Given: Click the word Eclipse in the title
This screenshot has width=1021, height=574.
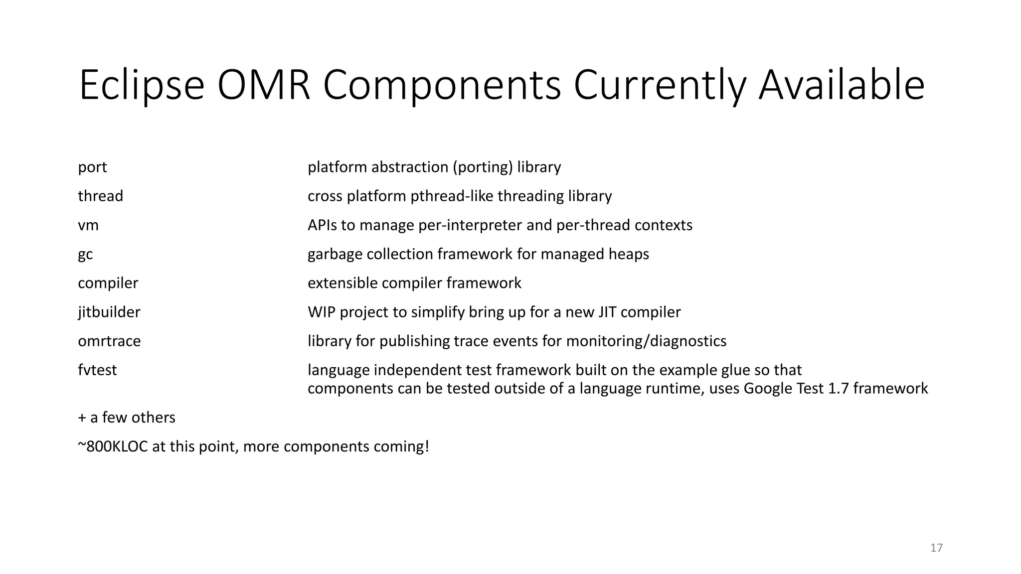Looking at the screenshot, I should pyautogui.click(x=142, y=86).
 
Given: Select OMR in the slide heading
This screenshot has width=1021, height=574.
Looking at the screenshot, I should pyautogui.click(x=264, y=86).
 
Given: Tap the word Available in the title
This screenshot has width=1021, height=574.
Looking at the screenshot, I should pyautogui.click(x=842, y=86).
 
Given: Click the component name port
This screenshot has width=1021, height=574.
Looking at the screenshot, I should pyautogui.click(x=92, y=167).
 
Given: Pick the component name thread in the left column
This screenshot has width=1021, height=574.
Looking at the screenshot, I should pyautogui.click(x=100, y=196).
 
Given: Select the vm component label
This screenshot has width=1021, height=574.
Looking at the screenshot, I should pyautogui.click(x=88, y=225).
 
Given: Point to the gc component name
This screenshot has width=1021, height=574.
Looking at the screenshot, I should pyautogui.click(x=85, y=255).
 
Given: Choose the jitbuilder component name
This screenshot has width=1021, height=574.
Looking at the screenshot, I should pyautogui.click(x=109, y=312).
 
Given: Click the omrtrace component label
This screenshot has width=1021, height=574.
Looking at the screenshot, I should pyautogui.click(x=109, y=341).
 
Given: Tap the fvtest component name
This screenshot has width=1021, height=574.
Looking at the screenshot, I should pyautogui.click(x=97, y=370).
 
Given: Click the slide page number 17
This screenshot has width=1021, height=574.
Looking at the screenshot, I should pyautogui.click(x=936, y=548).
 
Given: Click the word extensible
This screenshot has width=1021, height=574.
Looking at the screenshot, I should pyautogui.click(x=342, y=283).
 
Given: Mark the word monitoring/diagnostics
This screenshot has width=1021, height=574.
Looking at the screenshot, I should pyautogui.click(x=646, y=341).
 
